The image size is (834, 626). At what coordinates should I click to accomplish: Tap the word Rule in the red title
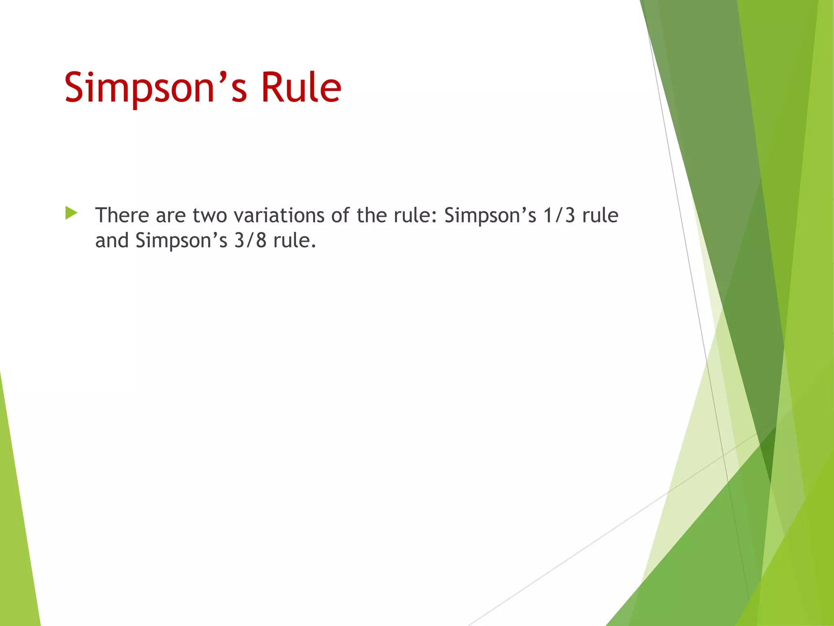pos(301,87)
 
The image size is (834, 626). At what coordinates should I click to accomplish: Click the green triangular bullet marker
pos(71,213)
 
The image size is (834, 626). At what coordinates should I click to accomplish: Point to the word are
pos(171,216)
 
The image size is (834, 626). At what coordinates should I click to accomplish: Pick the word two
pos(210,216)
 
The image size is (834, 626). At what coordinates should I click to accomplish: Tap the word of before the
pos(340,215)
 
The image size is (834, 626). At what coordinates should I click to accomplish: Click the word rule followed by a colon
pos(415,216)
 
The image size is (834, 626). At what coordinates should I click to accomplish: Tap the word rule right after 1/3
pos(600,215)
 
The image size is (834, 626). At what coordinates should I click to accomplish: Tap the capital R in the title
pos(271,87)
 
